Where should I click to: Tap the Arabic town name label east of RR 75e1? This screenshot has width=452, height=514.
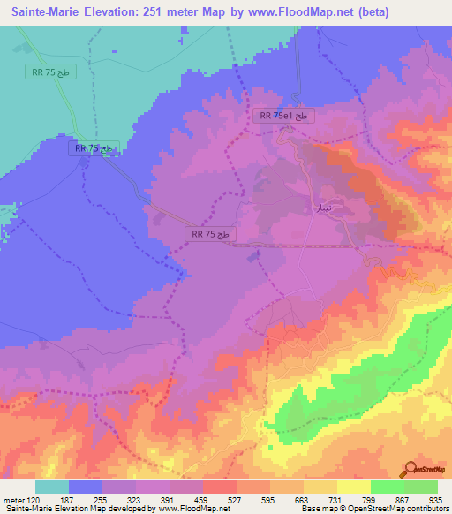tap(323, 208)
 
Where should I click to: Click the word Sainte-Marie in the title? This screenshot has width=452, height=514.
tap(46, 11)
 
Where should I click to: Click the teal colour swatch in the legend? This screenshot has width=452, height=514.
tap(52, 487)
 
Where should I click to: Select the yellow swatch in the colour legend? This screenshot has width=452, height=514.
tap(353, 487)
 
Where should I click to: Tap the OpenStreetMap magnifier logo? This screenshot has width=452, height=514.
tap(411, 469)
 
